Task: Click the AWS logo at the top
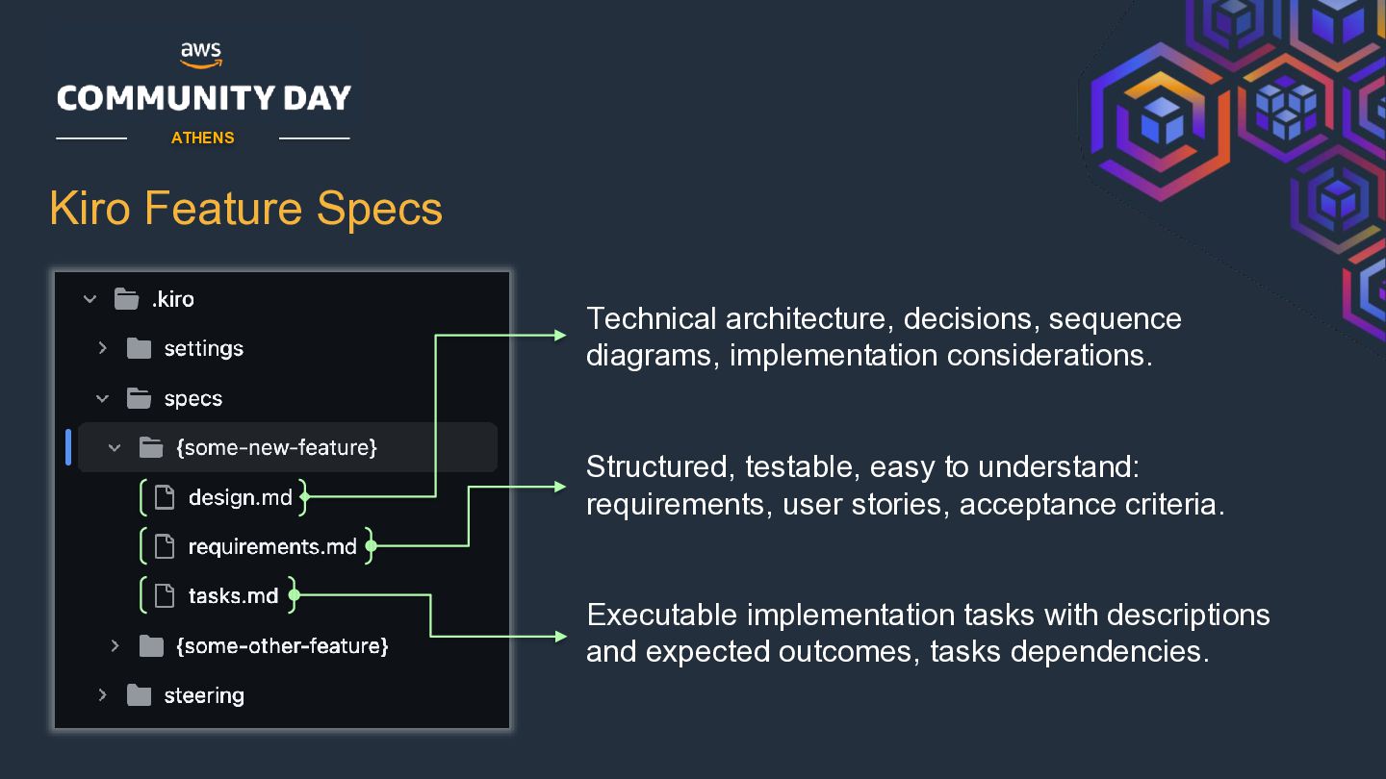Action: pyautogui.click(x=201, y=55)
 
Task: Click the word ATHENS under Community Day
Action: pyautogui.click(x=202, y=138)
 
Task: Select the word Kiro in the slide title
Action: pyautogui.click(x=90, y=209)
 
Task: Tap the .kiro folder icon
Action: pyautogui.click(x=126, y=299)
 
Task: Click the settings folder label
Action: pyautogui.click(x=204, y=349)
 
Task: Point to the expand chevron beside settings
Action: pyautogui.click(x=103, y=348)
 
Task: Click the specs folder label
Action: pyautogui.click(x=193, y=399)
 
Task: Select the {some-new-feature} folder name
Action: pyautogui.click(x=276, y=447)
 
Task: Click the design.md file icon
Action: pyautogui.click(x=164, y=497)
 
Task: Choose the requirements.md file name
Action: pyautogui.click(x=272, y=546)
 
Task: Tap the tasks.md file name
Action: pyautogui.click(x=233, y=596)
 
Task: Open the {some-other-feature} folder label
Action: pyautogui.click(x=282, y=646)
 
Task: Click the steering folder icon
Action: pyautogui.click(x=139, y=695)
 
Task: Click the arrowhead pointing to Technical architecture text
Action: pyautogui.click(x=560, y=335)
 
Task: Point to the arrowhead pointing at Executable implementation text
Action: pyautogui.click(x=560, y=637)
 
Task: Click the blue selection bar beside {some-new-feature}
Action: pyautogui.click(x=68, y=446)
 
